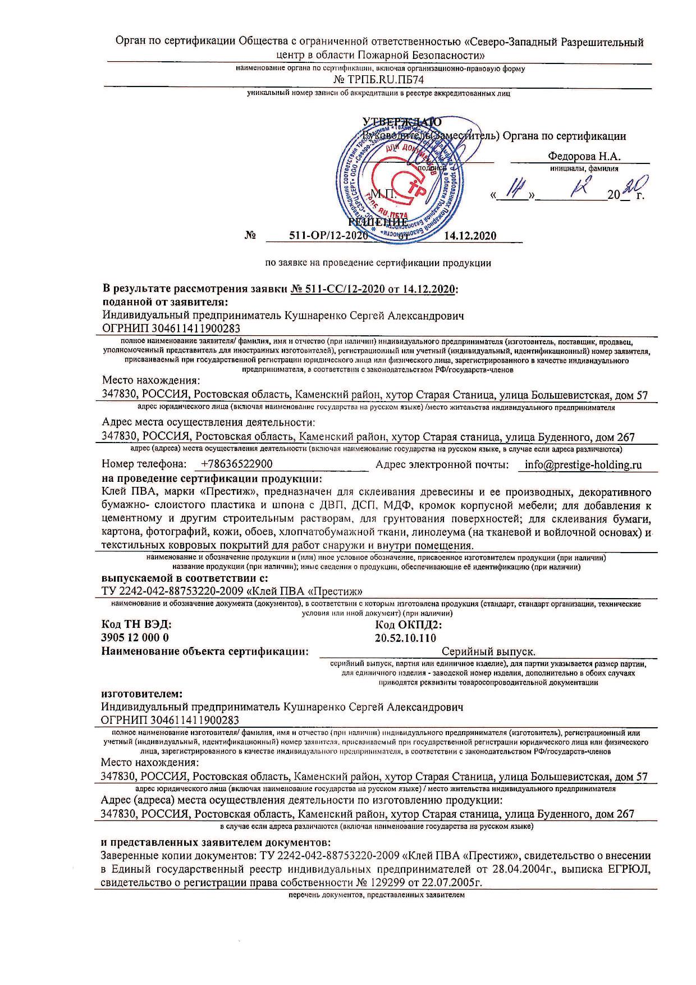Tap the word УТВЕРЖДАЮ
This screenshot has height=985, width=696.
pyautogui.click(x=402, y=122)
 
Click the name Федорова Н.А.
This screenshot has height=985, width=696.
pyautogui.click(x=584, y=157)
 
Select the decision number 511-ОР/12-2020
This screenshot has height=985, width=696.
pyautogui.click(x=328, y=236)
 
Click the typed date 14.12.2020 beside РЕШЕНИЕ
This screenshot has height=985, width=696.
pyautogui.click(x=470, y=236)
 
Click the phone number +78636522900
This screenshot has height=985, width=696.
pyautogui.click(x=236, y=464)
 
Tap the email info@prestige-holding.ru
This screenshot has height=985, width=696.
pyautogui.click(x=583, y=464)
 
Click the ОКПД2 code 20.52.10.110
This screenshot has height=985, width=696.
pyautogui.click(x=405, y=637)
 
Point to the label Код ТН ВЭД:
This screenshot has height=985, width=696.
pyautogui.click(x=136, y=624)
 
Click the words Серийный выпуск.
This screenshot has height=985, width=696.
pyautogui.click(x=488, y=652)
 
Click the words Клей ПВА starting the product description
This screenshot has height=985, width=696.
pyautogui.click(x=125, y=492)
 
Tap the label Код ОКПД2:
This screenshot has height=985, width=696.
pyautogui.click(x=408, y=624)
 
